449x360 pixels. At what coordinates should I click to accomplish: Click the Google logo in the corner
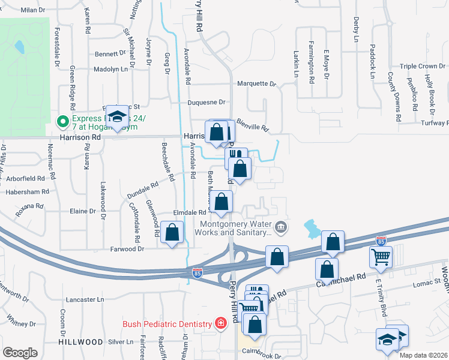tap(20, 353)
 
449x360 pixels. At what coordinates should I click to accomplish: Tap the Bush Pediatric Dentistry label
tap(169, 324)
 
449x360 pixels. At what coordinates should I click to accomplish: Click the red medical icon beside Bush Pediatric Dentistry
tap(221, 324)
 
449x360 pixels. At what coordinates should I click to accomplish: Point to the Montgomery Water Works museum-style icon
tap(280, 227)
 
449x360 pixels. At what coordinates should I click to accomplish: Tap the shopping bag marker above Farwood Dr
tap(172, 232)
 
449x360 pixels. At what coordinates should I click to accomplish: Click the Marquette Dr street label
tap(256, 84)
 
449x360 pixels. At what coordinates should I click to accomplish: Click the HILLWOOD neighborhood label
tap(80, 341)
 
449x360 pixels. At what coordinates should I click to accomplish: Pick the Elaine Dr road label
tap(83, 211)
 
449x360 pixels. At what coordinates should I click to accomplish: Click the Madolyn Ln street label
tap(110, 69)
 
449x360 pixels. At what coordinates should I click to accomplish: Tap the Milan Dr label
tap(33, 10)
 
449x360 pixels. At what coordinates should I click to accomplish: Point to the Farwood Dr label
tap(127, 248)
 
